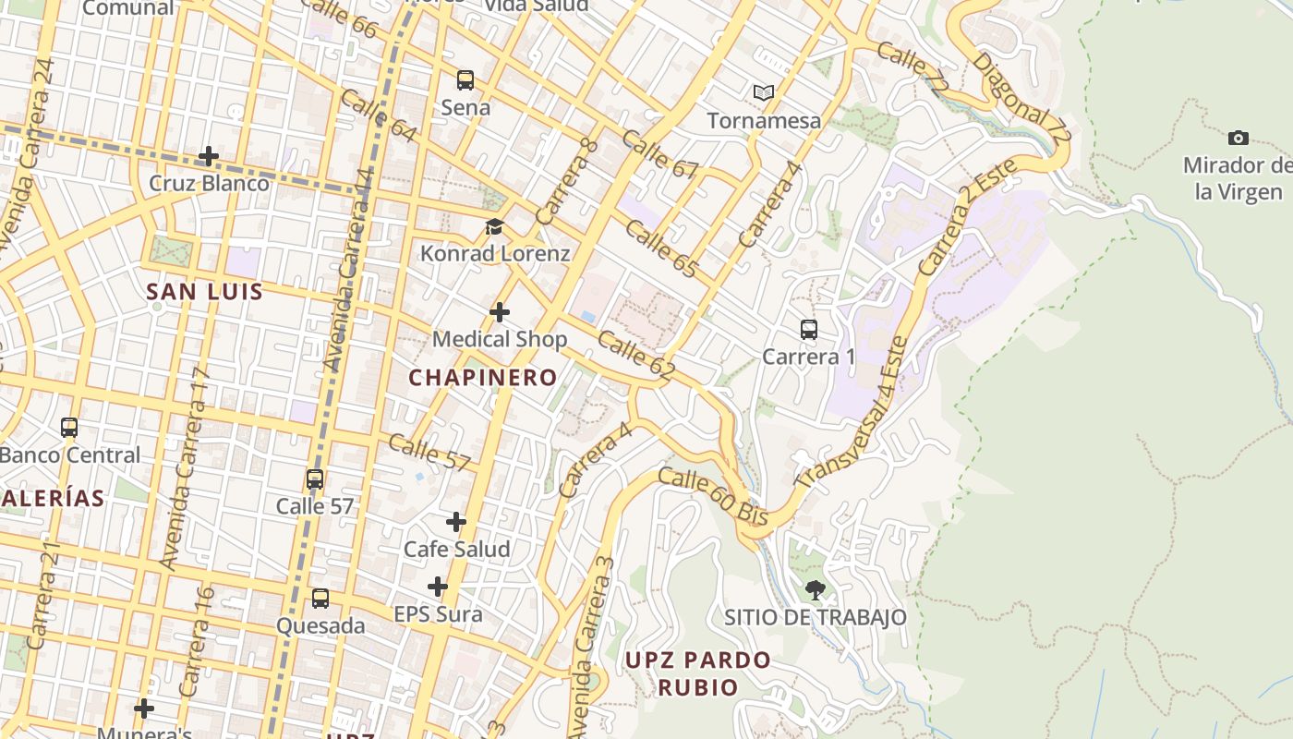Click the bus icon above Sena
[x=465, y=80]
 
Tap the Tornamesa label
[x=764, y=121]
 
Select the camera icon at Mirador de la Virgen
[x=1239, y=139]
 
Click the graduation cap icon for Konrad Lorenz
[x=495, y=226]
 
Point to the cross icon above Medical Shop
[x=500, y=312]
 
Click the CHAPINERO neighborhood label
[x=483, y=377]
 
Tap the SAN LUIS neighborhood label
[x=205, y=292]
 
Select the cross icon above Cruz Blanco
[x=209, y=156]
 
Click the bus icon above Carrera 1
[x=809, y=330]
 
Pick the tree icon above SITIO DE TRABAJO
[x=815, y=589]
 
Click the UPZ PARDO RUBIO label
[x=698, y=673]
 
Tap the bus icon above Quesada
[x=320, y=599]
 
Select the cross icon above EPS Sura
[x=438, y=587]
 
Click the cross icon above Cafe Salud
[x=456, y=522]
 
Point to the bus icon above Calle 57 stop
[x=315, y=479]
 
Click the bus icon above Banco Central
[x=69, y=428]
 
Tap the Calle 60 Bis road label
[x=713, y=497]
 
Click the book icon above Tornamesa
[x=763, y=92]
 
